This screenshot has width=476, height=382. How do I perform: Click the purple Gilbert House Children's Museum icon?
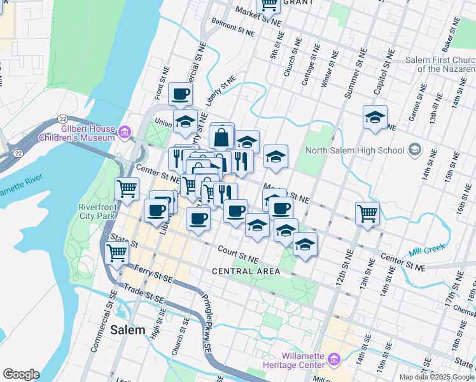[124, 132]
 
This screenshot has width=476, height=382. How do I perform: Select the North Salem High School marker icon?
[415, 150]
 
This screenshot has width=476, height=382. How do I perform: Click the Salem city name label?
[127, 330]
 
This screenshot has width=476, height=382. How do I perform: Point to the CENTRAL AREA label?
[246, 271]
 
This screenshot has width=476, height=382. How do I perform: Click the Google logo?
[21, 374]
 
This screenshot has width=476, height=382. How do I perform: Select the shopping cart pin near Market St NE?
[269, 4]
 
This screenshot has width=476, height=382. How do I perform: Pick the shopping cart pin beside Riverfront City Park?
[127, 189]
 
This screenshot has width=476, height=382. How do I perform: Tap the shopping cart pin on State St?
[117, 254]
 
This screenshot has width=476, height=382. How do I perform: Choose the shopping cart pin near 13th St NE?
[367, 214]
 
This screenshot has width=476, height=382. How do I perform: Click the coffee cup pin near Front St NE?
[180, 94]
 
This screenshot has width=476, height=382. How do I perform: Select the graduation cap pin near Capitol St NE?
[375, 117]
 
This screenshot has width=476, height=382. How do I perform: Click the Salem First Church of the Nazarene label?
[440, 64]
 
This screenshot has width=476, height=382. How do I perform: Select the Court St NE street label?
[237, 255]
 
